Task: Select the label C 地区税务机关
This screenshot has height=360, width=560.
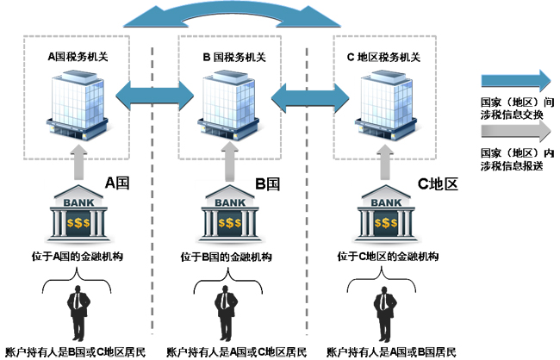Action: point(383,57)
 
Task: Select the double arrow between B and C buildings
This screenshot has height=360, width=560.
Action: point(307,95)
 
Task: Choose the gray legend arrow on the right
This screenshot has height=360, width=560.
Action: point(514,131)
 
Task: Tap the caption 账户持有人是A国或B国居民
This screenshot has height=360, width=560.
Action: point(383,352)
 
